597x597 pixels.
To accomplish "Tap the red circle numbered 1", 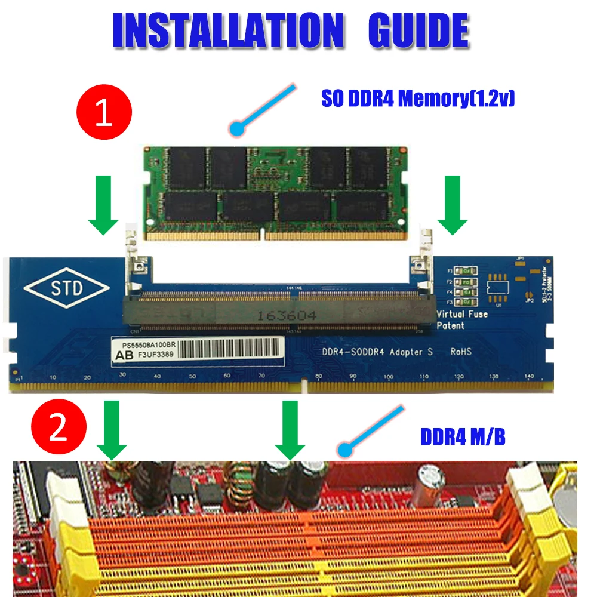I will [x=104, y=113].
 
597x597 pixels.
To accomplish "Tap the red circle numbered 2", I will [x=58, y=429].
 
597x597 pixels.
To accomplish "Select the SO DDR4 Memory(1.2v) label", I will [x=418, y=98].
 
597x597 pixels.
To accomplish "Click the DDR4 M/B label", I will [x=463, y=437].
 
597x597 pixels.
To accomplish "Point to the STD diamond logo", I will [x=67, y=290].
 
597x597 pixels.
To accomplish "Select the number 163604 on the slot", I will [x=284, y=315].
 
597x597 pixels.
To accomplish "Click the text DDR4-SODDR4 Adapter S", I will [x=377, y=352].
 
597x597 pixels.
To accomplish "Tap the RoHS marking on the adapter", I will [x=460, y=352].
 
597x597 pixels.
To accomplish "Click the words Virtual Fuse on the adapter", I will [x=462, y=314].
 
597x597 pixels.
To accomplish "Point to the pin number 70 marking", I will [x=261, y=376].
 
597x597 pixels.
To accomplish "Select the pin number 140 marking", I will [x=529, y=377].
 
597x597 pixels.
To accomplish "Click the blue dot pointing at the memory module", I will [x=238, y=128].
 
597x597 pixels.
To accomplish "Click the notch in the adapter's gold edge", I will [x=304, y=386].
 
